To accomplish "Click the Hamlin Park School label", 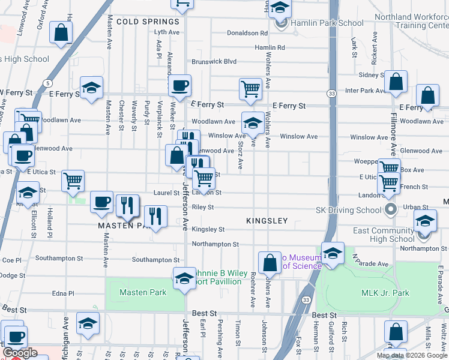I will click(327, 23).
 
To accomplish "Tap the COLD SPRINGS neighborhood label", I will click(148, 21).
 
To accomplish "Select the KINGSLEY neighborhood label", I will click(267, 221).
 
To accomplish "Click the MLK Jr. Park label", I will click(385, 293).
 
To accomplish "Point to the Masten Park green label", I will click(142, 292).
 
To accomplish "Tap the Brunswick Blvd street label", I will click(214, 61).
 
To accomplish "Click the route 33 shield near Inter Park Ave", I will click(331, 94).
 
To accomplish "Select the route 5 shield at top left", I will click(47, 82).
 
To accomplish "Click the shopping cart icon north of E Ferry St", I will click(250, 89).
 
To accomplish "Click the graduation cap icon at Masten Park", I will click(184, 278).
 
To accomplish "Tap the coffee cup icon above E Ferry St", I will click(179, 85).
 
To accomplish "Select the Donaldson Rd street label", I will click(247, 33).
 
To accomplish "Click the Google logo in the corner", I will click(20, 353).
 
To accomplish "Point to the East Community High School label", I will click(384, 235).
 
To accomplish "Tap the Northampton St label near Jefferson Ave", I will click(215, 244).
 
